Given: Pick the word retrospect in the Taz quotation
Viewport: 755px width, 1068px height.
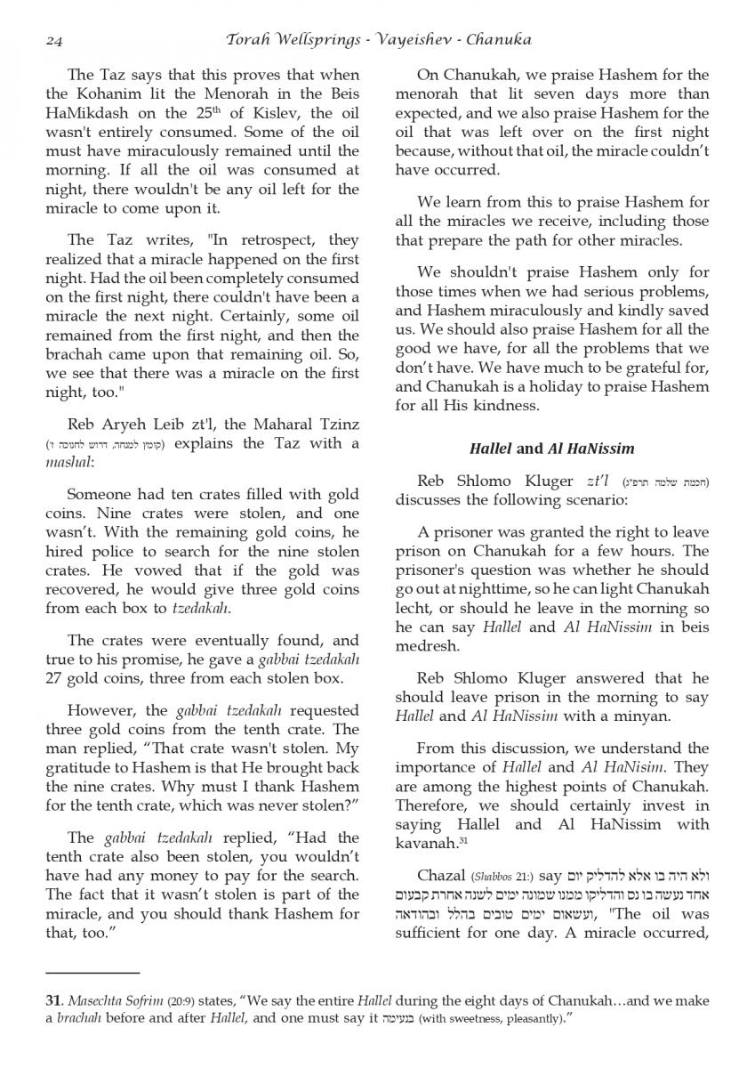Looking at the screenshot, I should pos(262,240).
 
